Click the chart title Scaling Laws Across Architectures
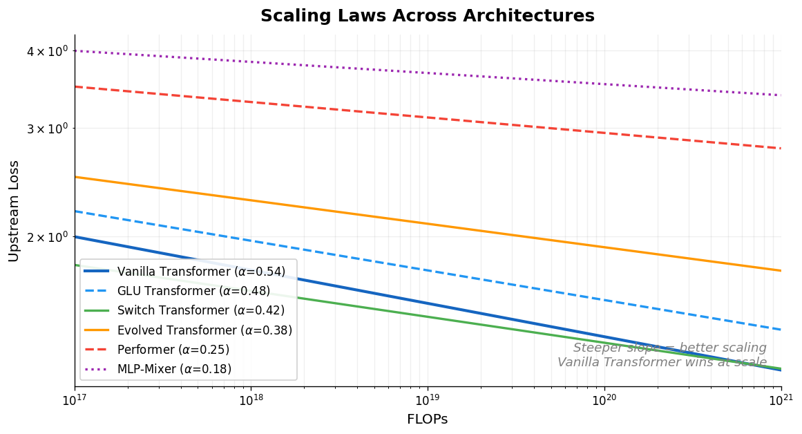point(427,16)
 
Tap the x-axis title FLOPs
point(427,419)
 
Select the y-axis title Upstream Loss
point(14,211)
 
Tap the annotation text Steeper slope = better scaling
point(669,348)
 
